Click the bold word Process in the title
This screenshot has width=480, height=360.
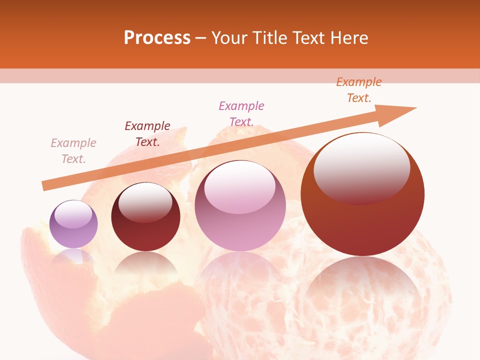[157, 37]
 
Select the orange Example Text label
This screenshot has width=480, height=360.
[359, 90]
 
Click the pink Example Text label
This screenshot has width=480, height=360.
[241, 113]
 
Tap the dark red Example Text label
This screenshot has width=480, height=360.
[147, 133]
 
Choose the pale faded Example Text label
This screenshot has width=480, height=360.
[73, 150]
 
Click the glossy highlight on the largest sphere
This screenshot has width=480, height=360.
[361, 167]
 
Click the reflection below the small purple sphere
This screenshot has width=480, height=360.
[73, 256]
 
